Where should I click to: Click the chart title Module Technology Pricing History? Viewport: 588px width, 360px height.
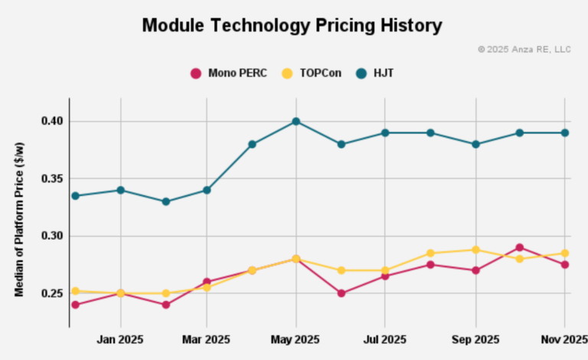click(292, 25)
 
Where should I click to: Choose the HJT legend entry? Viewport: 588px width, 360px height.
click(374, 74)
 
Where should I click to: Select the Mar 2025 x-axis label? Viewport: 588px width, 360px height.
click(207, 339)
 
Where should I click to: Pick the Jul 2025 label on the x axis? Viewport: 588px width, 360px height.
click(384, 339)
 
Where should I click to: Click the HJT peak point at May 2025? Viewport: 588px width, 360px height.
click(296, 121)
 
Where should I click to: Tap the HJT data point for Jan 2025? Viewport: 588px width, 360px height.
click(120, 190)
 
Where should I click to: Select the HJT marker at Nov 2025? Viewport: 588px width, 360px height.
click(564, 133)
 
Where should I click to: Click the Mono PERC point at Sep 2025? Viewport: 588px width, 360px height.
click(475, 270)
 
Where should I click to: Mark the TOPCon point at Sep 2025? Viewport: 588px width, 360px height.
click(475, 250)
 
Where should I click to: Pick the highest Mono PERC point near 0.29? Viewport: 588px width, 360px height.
click(520, 247)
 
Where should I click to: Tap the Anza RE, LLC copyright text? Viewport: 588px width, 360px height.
click(524, 49)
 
